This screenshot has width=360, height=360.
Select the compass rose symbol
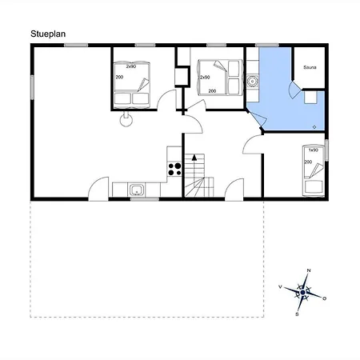(x=303, y=293)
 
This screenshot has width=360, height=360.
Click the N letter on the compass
(x=309, y=271)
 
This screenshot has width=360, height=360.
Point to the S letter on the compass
(x=297, y=314)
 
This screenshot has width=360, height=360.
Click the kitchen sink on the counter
(x=137, y=190)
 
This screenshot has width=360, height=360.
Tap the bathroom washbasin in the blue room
(x=254, y=81)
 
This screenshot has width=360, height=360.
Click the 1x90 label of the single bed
(x=314, y=150)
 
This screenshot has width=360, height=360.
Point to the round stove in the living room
(x=125, y=120)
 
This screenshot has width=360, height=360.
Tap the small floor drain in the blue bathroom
(x=315, y=126)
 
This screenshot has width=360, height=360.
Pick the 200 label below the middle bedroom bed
(x=213, y=92)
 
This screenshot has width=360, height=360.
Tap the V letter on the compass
(x=280, y=286)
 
